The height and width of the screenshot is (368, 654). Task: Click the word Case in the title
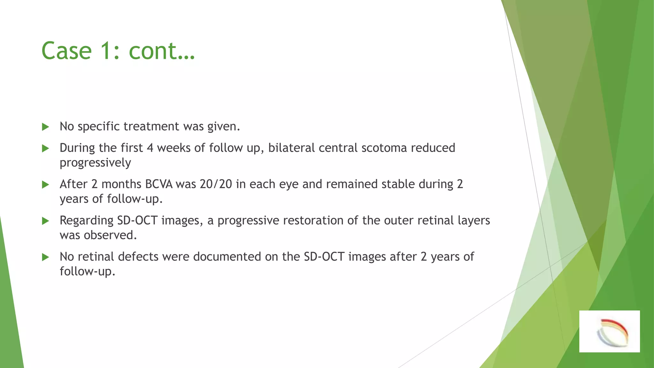pos(66,51)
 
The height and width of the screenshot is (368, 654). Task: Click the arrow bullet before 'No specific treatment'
pos(45,127)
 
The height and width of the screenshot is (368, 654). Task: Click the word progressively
pos(95,163)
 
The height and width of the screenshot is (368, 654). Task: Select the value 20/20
pos(216,184)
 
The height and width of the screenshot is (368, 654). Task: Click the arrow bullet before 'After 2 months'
pos(45,185)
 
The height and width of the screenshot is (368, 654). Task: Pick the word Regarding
pos(86,221)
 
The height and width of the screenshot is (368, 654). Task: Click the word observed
pos(110,235)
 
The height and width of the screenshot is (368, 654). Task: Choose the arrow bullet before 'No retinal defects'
pos(45,257)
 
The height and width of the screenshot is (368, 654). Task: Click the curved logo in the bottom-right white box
pos(612,333)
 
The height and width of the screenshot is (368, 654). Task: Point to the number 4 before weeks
pos(150,148)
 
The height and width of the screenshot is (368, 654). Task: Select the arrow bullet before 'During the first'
pos(45,149)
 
